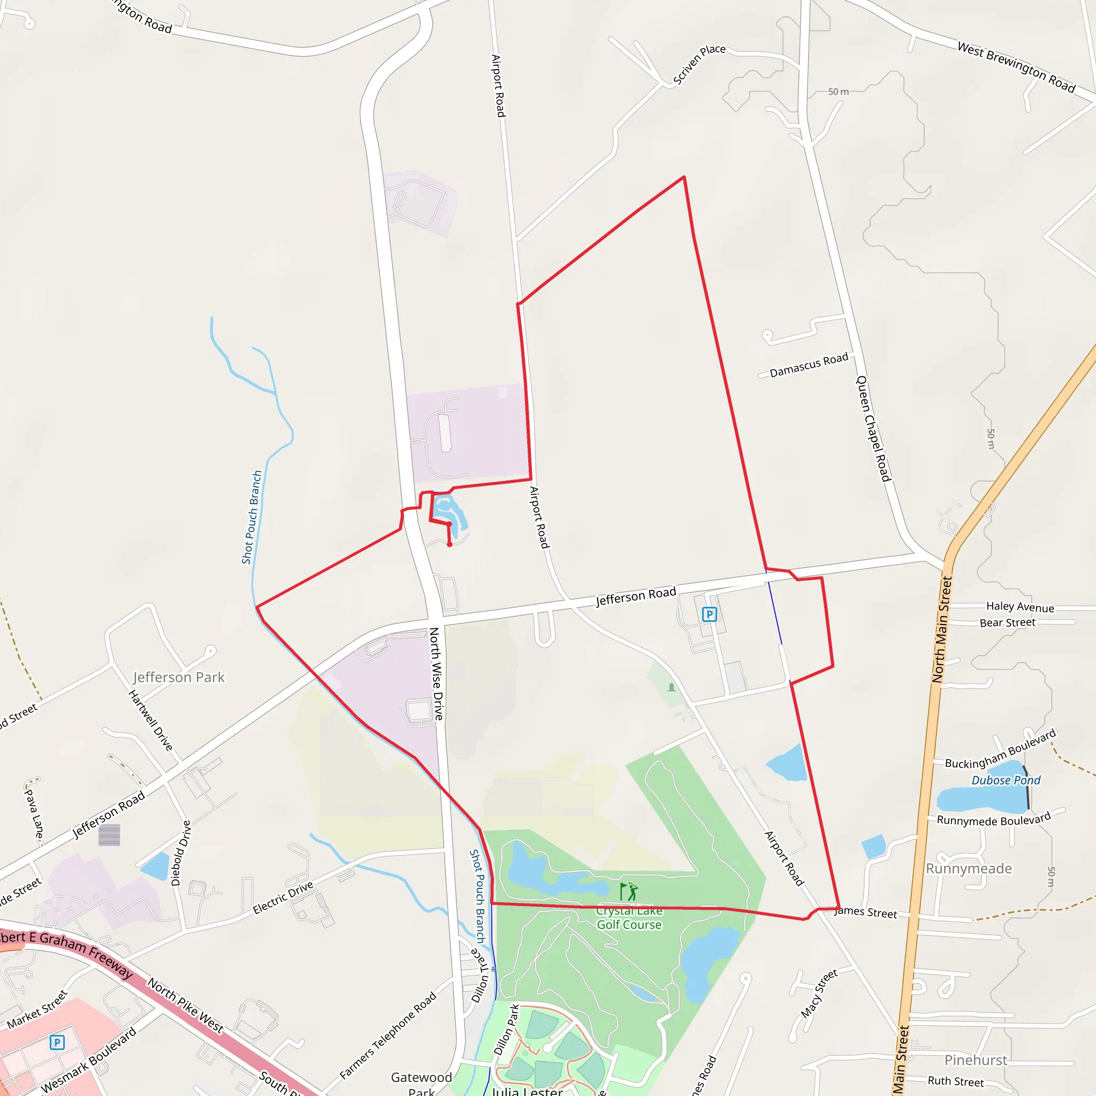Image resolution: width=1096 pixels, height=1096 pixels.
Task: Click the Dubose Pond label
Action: pos(1006,781)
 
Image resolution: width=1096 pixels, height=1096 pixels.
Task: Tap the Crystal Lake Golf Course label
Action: pos(629,918)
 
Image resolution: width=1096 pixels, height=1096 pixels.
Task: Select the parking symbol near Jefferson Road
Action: pos(709,614)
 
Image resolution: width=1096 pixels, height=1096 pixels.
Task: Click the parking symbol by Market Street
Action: pos(57,1042)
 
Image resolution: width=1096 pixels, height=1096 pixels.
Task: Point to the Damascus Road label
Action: pos(809,365)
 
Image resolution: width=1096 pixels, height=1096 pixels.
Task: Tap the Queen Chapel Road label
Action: pos(873,428)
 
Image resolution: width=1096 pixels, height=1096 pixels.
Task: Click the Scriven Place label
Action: pos(699,65)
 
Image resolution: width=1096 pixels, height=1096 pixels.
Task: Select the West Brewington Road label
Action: pos(1016,67)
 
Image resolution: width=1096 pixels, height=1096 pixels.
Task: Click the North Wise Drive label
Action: pos(436,673)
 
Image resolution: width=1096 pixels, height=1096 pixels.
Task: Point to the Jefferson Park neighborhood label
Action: pos(179,678)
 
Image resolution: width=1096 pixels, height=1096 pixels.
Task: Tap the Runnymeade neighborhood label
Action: pos(969,869)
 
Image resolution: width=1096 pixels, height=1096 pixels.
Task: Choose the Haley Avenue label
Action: pos(1020,607)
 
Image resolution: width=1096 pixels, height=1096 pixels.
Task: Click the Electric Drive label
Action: pos(283,897)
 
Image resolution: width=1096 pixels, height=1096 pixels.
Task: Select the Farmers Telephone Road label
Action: pos(388,1036)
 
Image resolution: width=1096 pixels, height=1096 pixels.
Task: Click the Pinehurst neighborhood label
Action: pos(976,1060)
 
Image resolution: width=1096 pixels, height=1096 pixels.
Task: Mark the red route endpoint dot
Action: pos(450,545)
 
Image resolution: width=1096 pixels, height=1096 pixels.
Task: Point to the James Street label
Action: pos(866,912)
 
